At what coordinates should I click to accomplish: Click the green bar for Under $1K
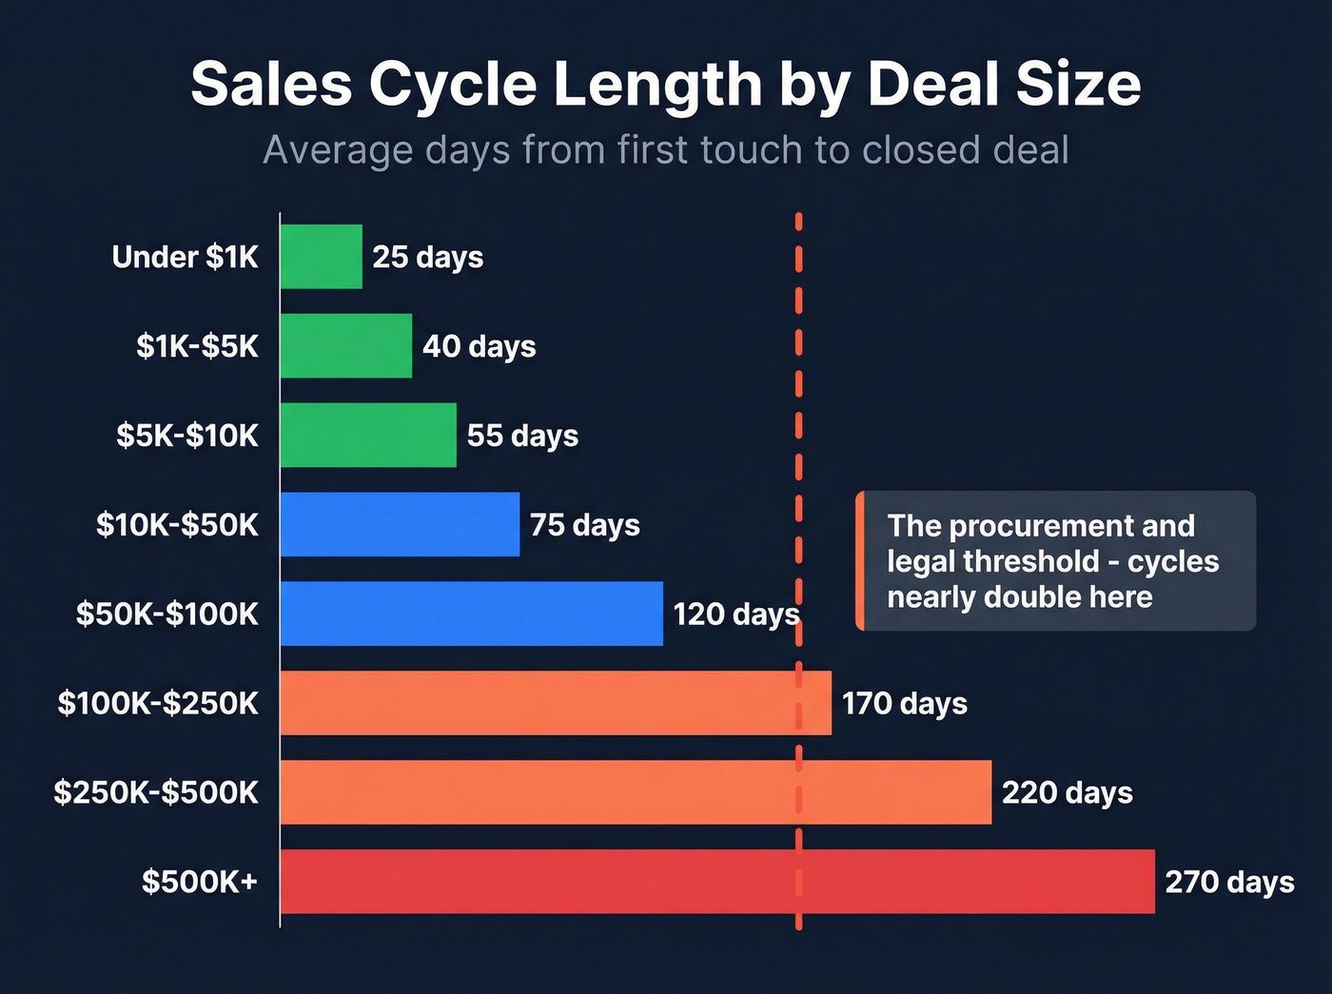322,257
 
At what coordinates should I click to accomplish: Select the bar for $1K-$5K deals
346,346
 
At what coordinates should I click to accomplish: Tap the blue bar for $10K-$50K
400,524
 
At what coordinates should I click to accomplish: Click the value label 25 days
428,257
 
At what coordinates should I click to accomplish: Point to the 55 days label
522,436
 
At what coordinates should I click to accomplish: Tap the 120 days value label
735,614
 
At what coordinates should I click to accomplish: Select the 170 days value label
905,704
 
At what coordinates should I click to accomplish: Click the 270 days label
1229,882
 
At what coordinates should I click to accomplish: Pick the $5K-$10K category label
187,436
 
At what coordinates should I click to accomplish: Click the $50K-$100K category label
167,614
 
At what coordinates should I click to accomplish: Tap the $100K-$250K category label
158,704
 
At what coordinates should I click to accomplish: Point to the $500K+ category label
200,882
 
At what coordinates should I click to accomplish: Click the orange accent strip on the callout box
860,561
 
